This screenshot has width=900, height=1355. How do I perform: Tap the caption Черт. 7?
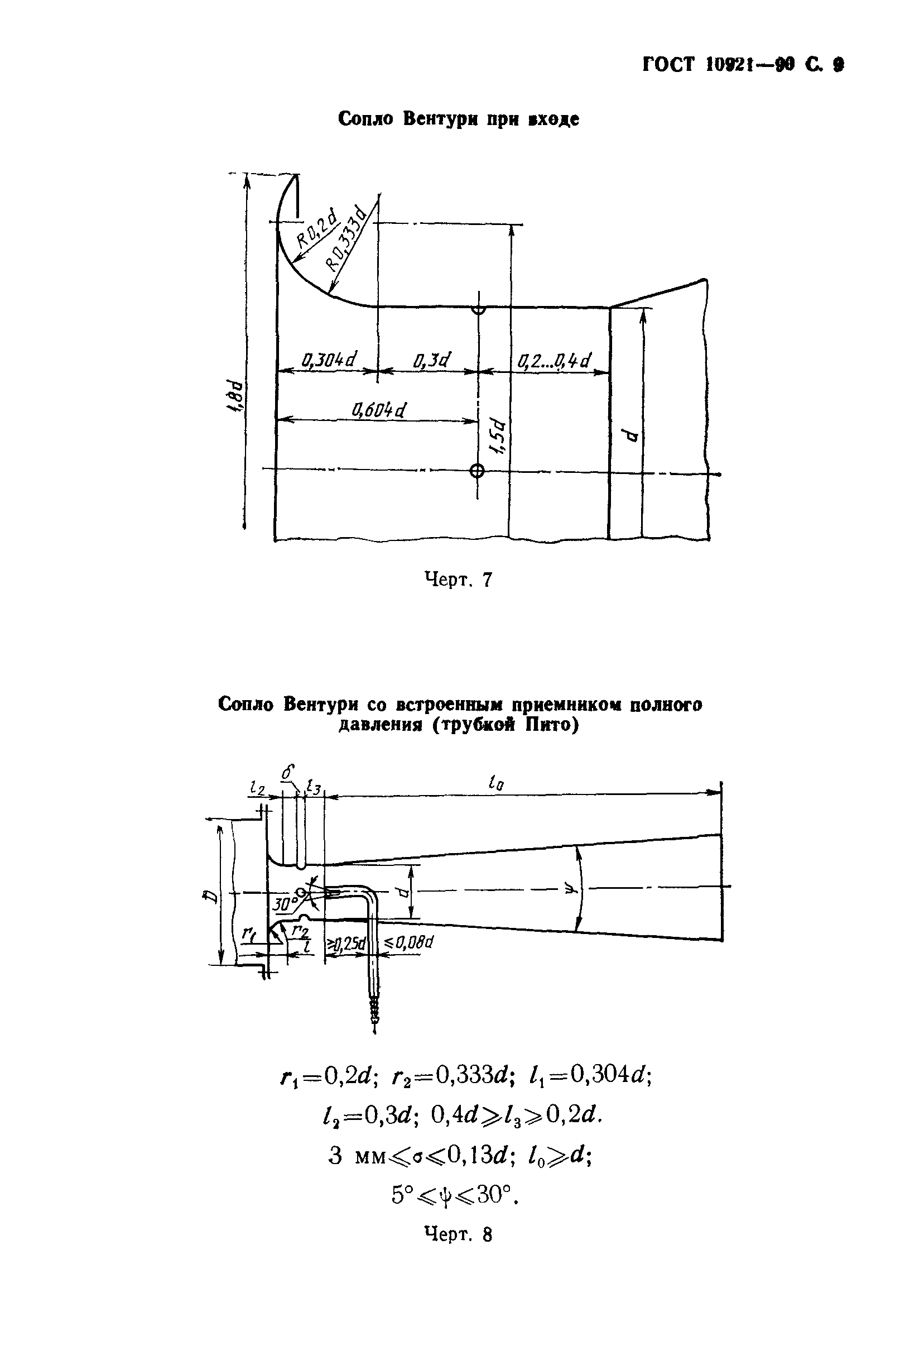click(458, 580)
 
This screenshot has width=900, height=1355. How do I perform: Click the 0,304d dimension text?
click(329, 360)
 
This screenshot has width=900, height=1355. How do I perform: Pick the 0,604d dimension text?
click(379, 410)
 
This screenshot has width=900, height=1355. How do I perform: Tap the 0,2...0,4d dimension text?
click(554, 361)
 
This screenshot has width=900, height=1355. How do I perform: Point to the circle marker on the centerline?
click(477, 471)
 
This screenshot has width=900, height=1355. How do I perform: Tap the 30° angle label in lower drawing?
click(283, 905)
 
